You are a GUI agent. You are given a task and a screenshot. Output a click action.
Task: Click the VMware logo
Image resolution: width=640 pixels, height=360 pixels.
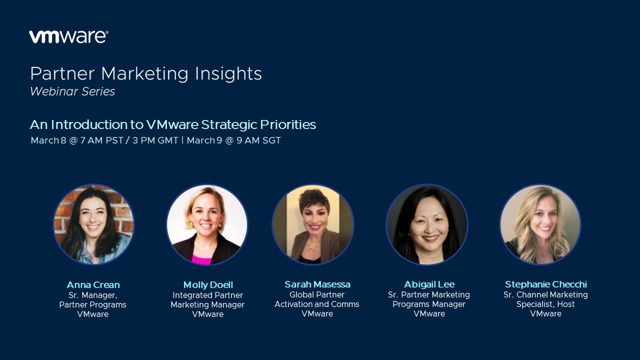click(x=68, y=36)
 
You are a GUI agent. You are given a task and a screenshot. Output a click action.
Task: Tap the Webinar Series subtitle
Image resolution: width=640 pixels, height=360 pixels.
click(x=72, y=91)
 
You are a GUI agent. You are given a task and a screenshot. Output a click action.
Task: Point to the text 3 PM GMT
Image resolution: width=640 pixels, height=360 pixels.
click(x=155, y=140)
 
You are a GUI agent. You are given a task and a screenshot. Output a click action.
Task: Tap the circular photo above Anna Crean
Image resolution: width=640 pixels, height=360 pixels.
click(x=93, y=224)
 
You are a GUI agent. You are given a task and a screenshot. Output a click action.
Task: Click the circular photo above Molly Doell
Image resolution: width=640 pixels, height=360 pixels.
click(x=207, y=224)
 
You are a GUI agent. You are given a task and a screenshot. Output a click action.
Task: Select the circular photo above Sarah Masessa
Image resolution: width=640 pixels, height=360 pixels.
click(x=313, y=224)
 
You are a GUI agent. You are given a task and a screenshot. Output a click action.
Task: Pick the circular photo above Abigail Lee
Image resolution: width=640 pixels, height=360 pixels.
click(x=427, y=224)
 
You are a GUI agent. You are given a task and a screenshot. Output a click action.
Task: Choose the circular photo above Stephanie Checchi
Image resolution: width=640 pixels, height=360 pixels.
click(x=540, y=224)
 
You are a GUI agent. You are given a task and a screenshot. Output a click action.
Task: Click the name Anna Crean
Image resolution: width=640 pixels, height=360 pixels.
click(x=93, y=285)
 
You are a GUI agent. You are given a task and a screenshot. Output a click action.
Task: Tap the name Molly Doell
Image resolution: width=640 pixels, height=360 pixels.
click(x=208, y=285)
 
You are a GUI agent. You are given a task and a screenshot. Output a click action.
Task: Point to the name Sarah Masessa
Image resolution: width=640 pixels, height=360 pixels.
click(x=317, y=284)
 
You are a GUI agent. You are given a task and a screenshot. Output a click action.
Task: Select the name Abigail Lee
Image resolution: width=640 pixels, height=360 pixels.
click(x=429, y=284)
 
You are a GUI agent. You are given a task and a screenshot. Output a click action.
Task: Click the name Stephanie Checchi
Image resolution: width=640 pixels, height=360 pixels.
click(x=546, y=284)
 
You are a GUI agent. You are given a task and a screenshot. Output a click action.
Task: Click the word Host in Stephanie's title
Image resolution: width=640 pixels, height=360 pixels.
click(x=566, y=304)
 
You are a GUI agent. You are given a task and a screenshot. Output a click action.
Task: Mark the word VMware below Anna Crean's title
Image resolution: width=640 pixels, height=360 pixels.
click(x=93, y=314)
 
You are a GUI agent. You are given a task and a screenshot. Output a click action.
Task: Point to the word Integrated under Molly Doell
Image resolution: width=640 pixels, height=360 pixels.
click(x=190, y=295)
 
